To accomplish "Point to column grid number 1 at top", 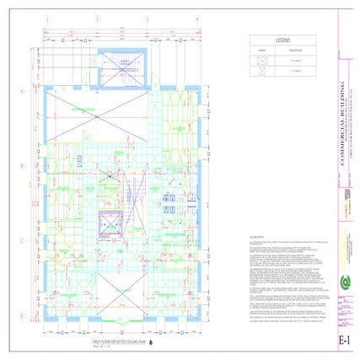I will click(x=48, y=19).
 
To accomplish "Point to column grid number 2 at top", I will click(x=98, y=19).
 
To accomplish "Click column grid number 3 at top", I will click(x=148, y=19).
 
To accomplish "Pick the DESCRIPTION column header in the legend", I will click(x=299, y=50).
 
